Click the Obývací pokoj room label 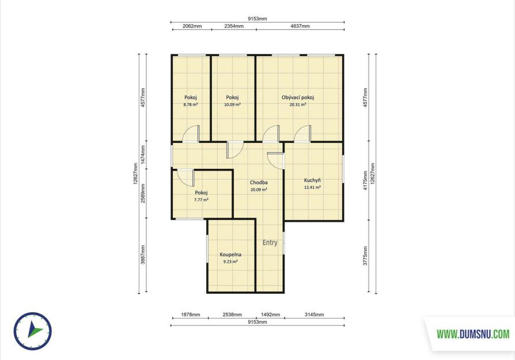click(x=298, y=97)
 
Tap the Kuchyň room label click(x=312, y=180)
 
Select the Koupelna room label click(x=230, y=255)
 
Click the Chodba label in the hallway click(x=259, y=183)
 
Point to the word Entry click(x=270, y=242)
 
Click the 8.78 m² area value click(x=191, y=104)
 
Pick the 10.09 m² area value click(x=232, y=104)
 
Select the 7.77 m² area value click(x=201, y=199)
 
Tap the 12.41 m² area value click(x=312, y=188)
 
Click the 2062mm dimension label click(x=192, y=26)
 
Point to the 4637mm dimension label click(x=300, y=26)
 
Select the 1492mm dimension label click(x=271, y=314)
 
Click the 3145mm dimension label click(x=315, y=314)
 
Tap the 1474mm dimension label click(x=143, y=155)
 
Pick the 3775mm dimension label click(x=365, y=256)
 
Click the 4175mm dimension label click(x=365, y=181)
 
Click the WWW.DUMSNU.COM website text click(x=474, y=335)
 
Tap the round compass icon click(x=32, y=331)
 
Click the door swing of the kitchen click(x=275, y=161)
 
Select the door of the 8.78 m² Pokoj click(x=191, y=134)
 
